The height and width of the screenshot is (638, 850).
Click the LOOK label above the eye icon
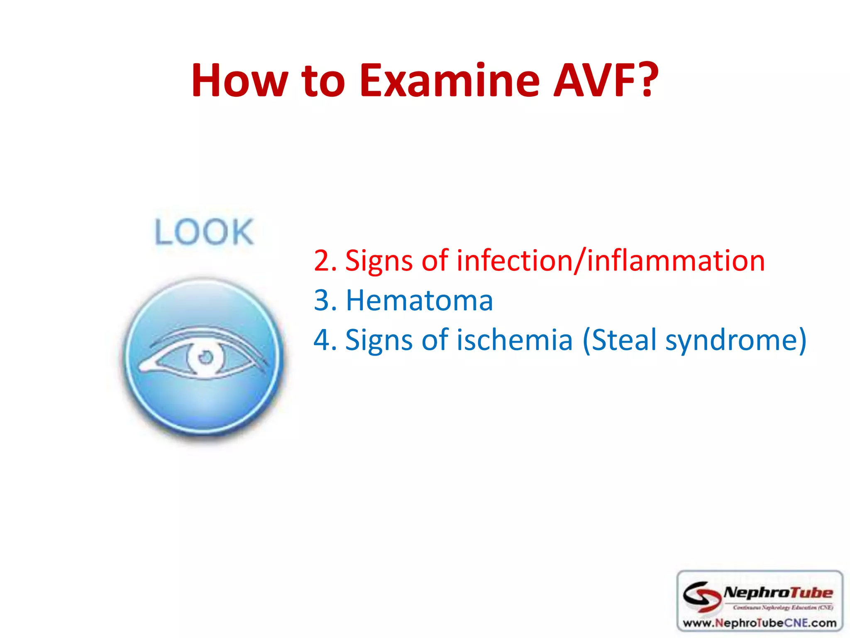[204, 232]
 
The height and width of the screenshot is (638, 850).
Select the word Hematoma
[419, 300]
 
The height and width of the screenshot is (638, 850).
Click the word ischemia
[515, 340]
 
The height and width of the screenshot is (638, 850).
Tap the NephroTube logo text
[778, 592]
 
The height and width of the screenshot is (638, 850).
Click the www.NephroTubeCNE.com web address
[760, 623]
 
